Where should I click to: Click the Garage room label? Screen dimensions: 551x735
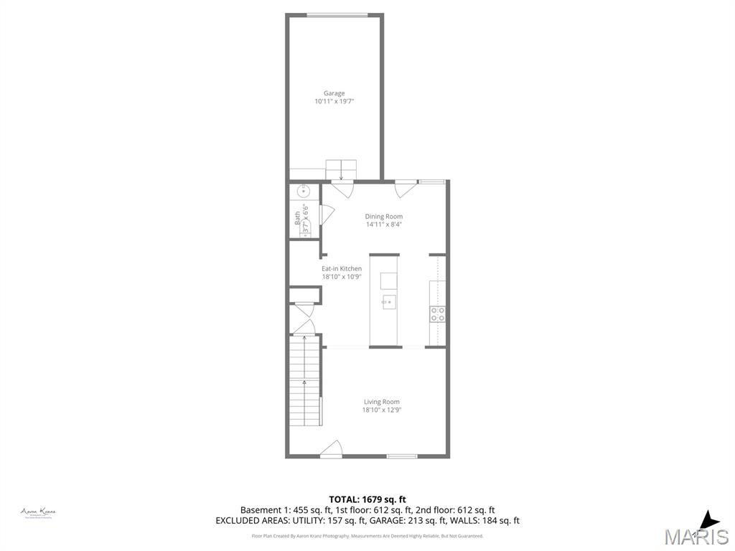point(334,93)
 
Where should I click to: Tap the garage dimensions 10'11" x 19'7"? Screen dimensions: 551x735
point(334,102)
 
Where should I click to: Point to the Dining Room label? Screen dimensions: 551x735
point(383,216)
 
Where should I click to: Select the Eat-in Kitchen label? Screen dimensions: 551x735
point(341,268)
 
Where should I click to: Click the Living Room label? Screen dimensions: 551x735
point(381,402)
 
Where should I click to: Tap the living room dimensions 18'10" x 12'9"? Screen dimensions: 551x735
point(381,410)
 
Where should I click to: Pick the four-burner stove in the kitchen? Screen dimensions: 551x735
point(437,314)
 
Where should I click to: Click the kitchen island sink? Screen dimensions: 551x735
point(388,301)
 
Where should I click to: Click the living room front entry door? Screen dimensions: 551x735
point(332,449)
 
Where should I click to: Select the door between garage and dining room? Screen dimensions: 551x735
point(342,190)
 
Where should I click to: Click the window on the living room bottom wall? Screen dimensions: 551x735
point(402,456)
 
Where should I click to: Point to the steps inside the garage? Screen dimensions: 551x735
point(340,170)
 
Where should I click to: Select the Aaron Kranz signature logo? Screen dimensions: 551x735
point(39,512)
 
